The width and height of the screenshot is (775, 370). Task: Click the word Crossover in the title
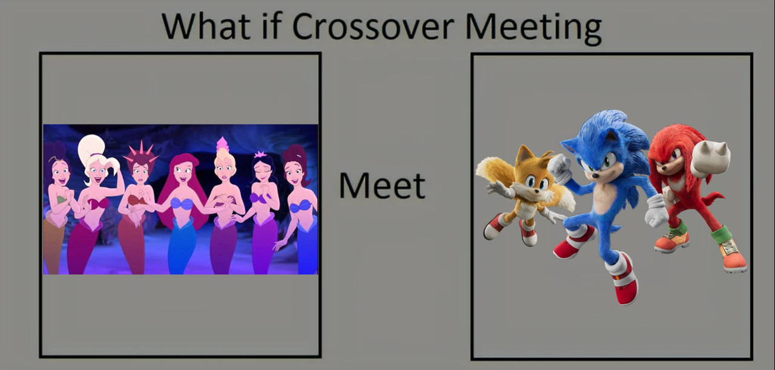pos(373,27)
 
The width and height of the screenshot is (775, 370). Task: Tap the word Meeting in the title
pos(533,28)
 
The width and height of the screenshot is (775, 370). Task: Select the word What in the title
pos(206,26)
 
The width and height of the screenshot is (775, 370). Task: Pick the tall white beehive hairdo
pos(91,148)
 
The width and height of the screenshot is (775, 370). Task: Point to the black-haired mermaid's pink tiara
pos(260,154)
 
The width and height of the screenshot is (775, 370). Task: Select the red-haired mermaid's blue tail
pos(183,246)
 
